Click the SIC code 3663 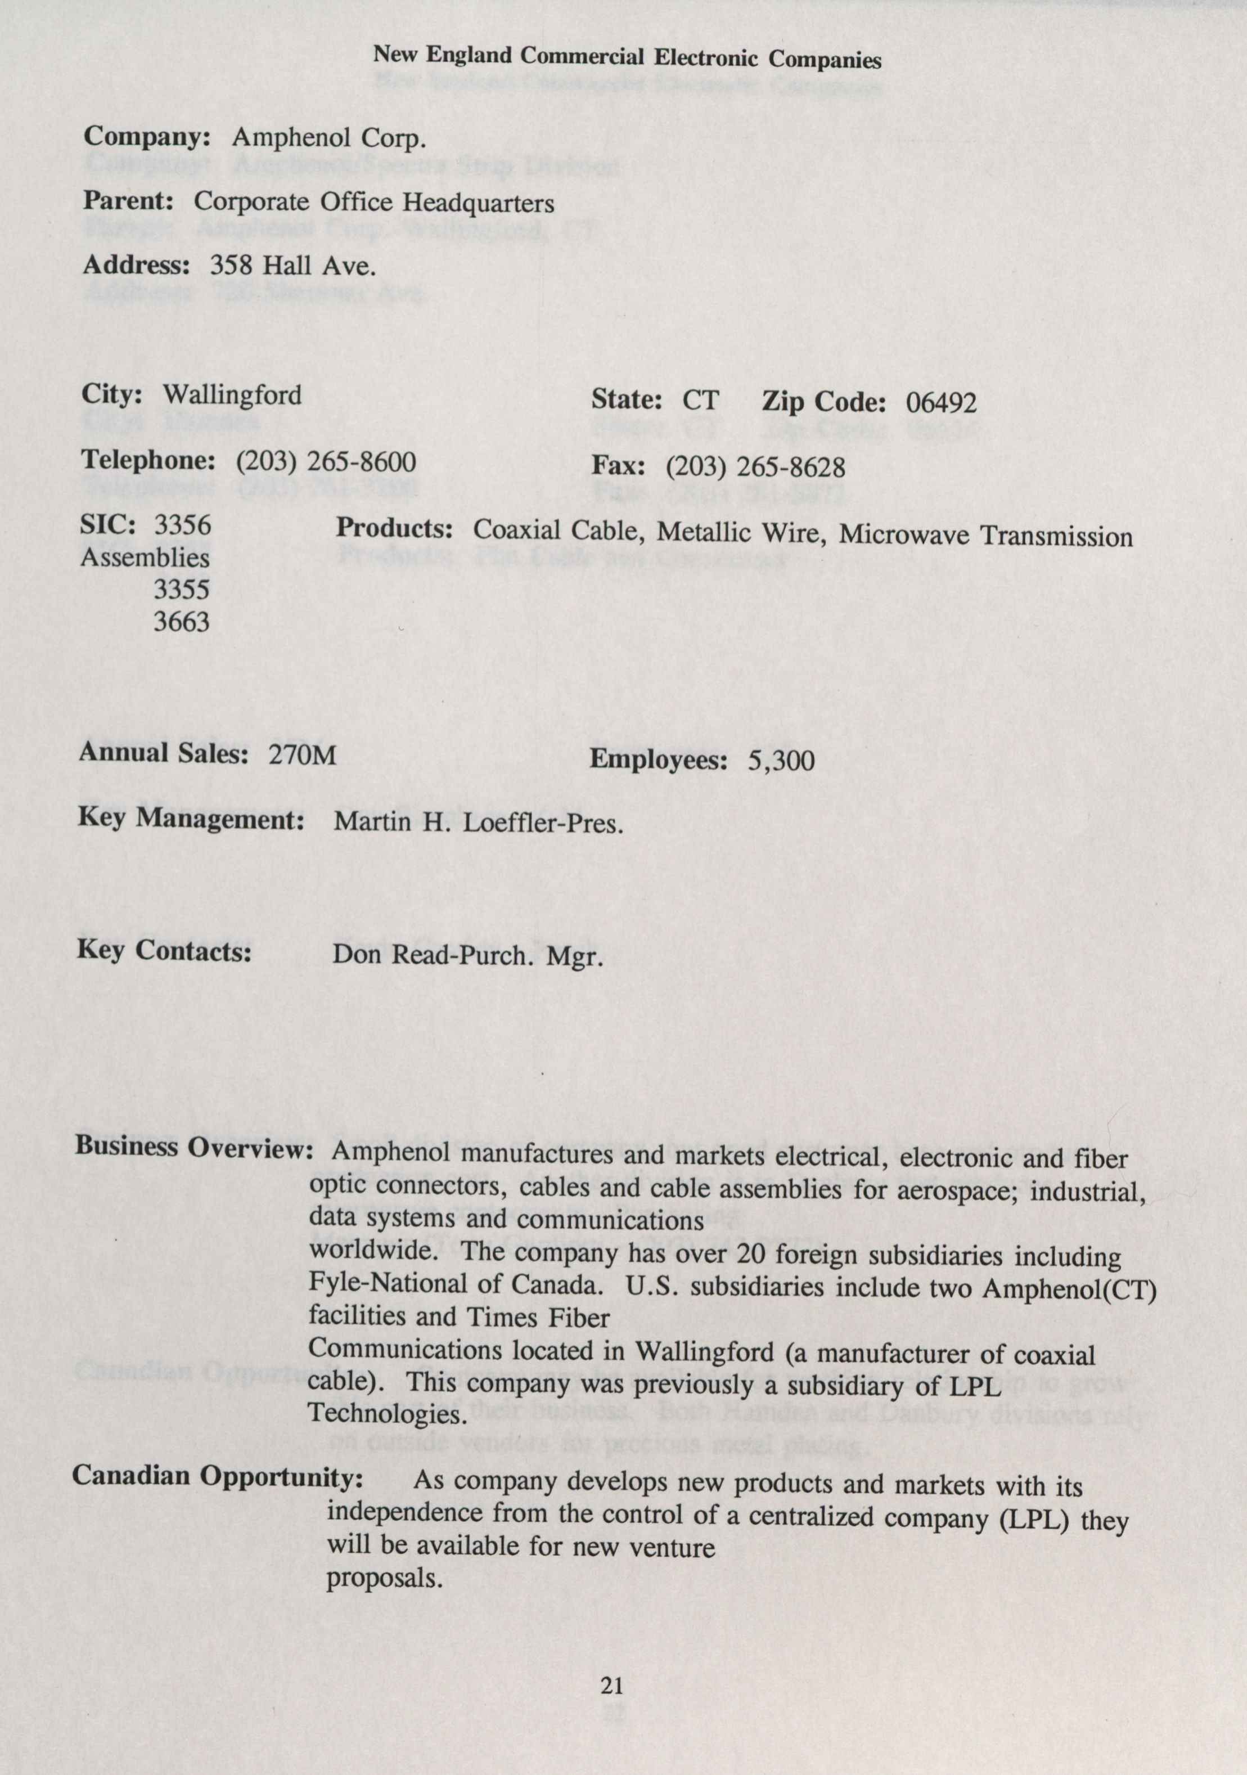pos(181,622)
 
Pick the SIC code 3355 pos(181,589)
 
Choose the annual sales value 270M pos(302,754)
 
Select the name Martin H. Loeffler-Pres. pos(478,823)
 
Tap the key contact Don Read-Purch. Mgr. pos(467,956)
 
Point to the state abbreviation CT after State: pos(700,401)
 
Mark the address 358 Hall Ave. pos(293,266)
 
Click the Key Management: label pos(190,819)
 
